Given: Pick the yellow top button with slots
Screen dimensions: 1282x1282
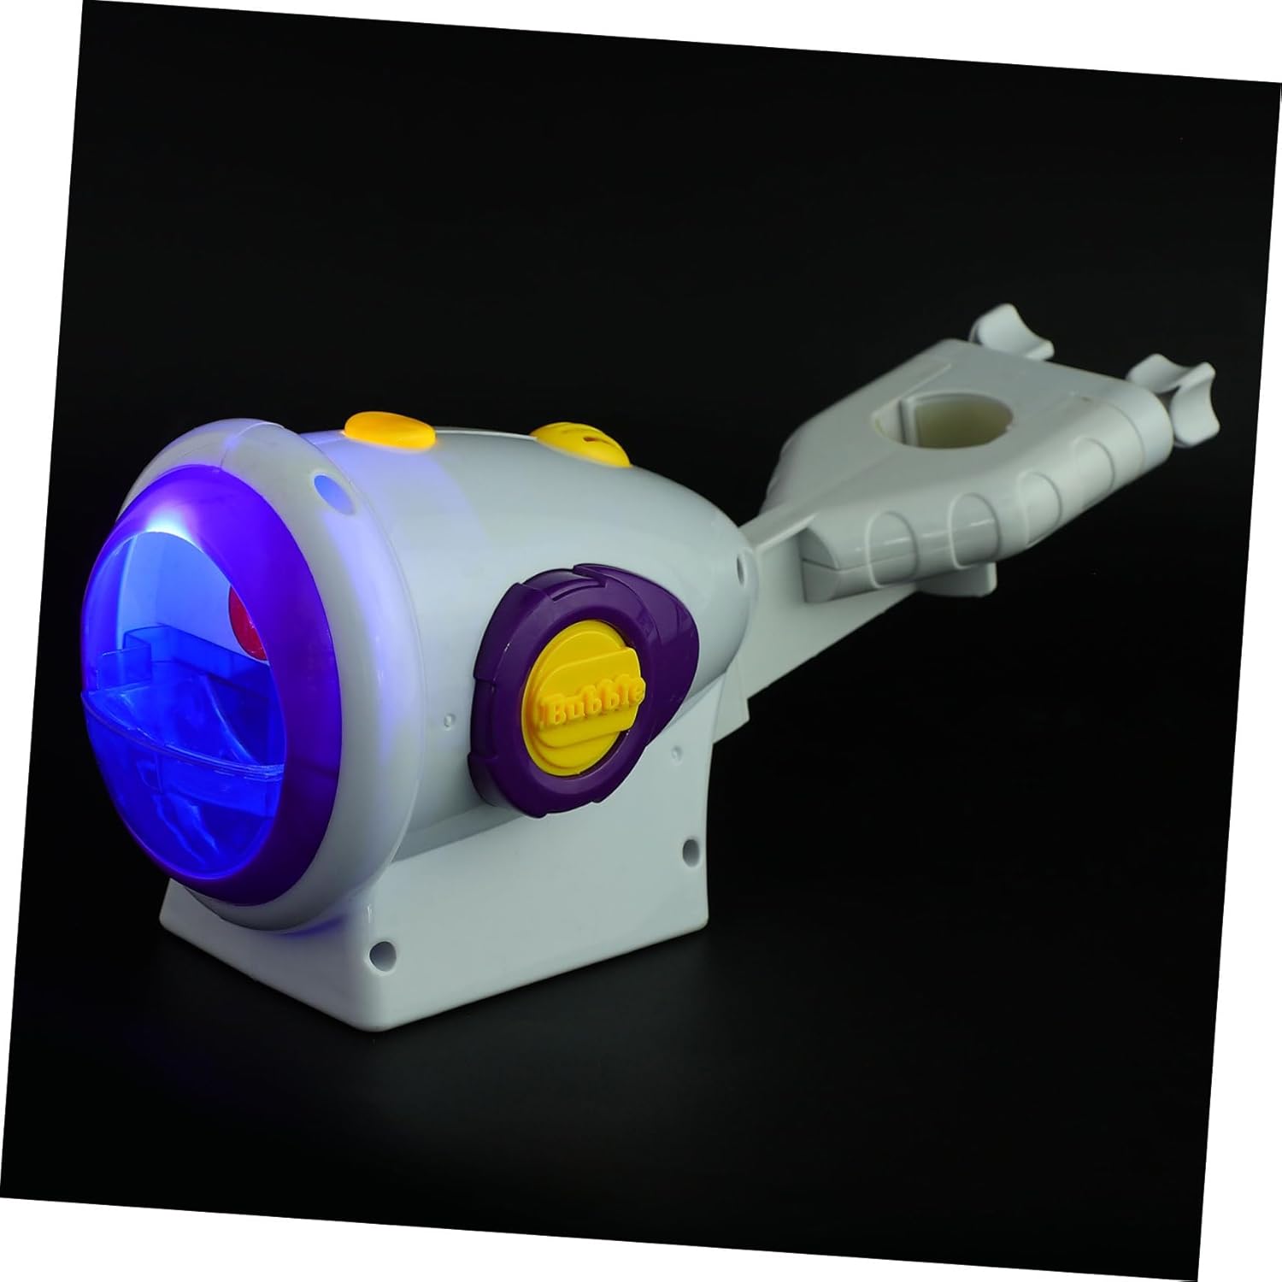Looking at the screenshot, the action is (x=582, y=442).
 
